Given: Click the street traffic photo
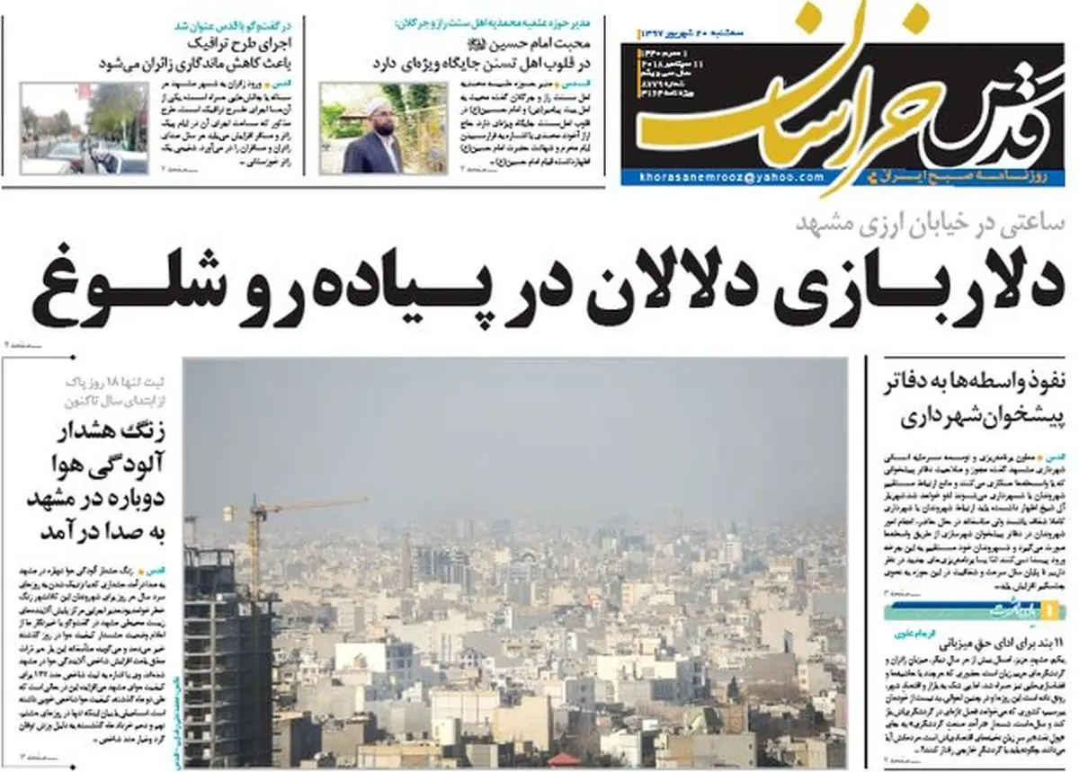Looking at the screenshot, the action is click(x=84, y=128).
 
